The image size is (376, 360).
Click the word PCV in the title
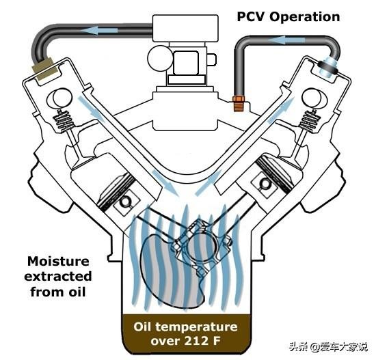251,17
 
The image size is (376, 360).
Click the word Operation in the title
304,18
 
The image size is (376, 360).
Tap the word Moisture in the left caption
58,261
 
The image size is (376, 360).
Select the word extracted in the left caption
58,277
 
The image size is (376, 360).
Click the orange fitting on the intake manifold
239,103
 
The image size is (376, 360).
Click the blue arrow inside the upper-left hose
99,31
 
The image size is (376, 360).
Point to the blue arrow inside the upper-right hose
286,40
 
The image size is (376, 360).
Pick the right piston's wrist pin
265,184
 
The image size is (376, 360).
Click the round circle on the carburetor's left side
159,59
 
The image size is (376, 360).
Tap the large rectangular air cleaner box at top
185,28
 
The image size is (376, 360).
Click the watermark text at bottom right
328,347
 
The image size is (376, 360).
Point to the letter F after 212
216,341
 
